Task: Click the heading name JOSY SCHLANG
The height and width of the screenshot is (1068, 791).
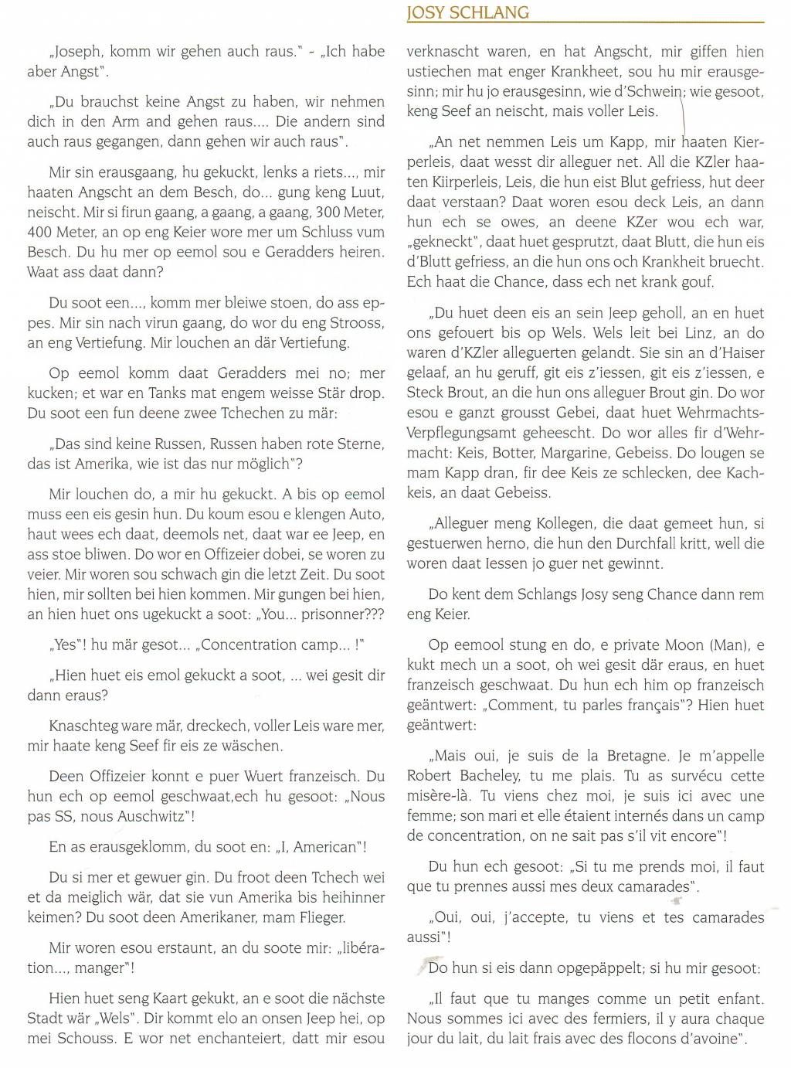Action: coord(467,12)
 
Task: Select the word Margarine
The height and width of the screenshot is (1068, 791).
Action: coord(578,453)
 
